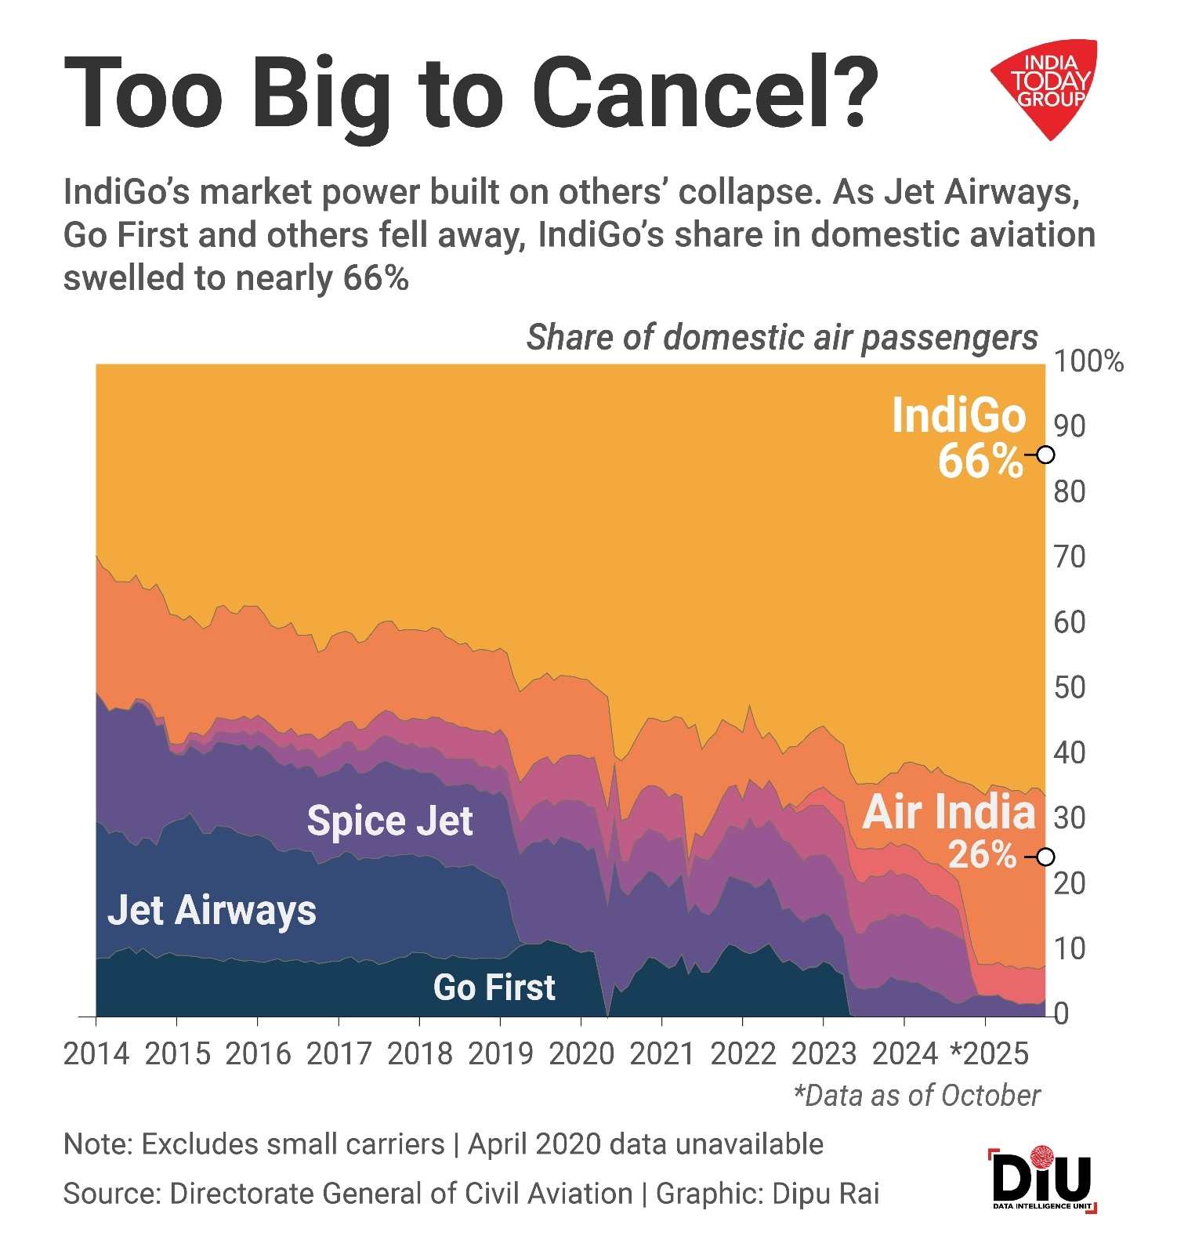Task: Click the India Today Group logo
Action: point(1046,86)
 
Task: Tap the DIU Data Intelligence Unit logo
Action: point(1042,1180)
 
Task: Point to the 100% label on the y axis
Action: point(1088,361)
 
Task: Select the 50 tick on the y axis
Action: point(1070,687)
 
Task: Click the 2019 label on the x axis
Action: point(500,1054)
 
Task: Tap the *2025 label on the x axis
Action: point(989,1054)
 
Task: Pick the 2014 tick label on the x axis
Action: point(96,1054)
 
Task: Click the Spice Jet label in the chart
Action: point(389,821)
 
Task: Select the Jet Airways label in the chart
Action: point(212,910)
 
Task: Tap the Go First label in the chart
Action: point(494,987)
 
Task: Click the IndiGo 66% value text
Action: point(980,461)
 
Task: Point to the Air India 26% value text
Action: point(982,855)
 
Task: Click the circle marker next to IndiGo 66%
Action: point(1045,455)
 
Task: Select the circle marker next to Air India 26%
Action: point(1045,857)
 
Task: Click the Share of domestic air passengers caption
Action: point(781,338)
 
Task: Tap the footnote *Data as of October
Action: point(917,1095)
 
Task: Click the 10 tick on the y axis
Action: point(1070,948)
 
